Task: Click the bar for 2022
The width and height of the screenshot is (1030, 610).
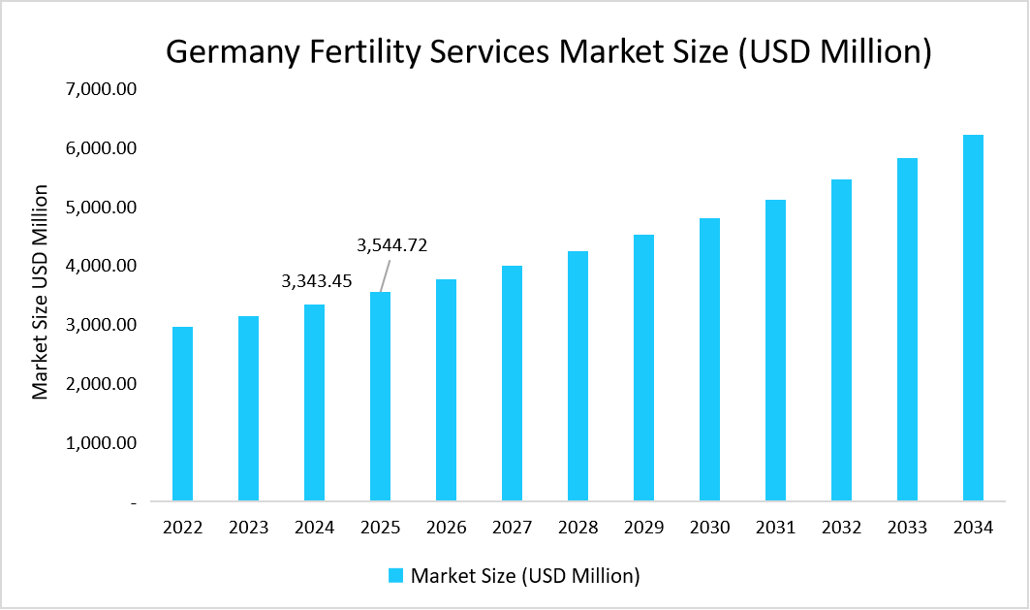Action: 182,414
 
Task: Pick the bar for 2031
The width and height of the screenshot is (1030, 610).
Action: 775,351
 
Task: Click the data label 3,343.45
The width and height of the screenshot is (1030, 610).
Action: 317,281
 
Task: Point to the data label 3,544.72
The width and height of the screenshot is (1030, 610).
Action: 392,245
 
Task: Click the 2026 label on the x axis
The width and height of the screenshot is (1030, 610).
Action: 446,528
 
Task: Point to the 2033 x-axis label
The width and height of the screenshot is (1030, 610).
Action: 907,528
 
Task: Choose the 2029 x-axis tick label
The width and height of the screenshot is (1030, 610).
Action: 643,528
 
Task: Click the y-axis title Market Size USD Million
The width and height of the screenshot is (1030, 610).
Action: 41,291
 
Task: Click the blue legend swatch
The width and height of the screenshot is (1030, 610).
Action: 395,575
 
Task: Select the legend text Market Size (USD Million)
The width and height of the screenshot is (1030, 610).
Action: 525,575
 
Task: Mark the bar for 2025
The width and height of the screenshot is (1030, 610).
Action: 380,398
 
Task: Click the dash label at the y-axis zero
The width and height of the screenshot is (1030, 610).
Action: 132,502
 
